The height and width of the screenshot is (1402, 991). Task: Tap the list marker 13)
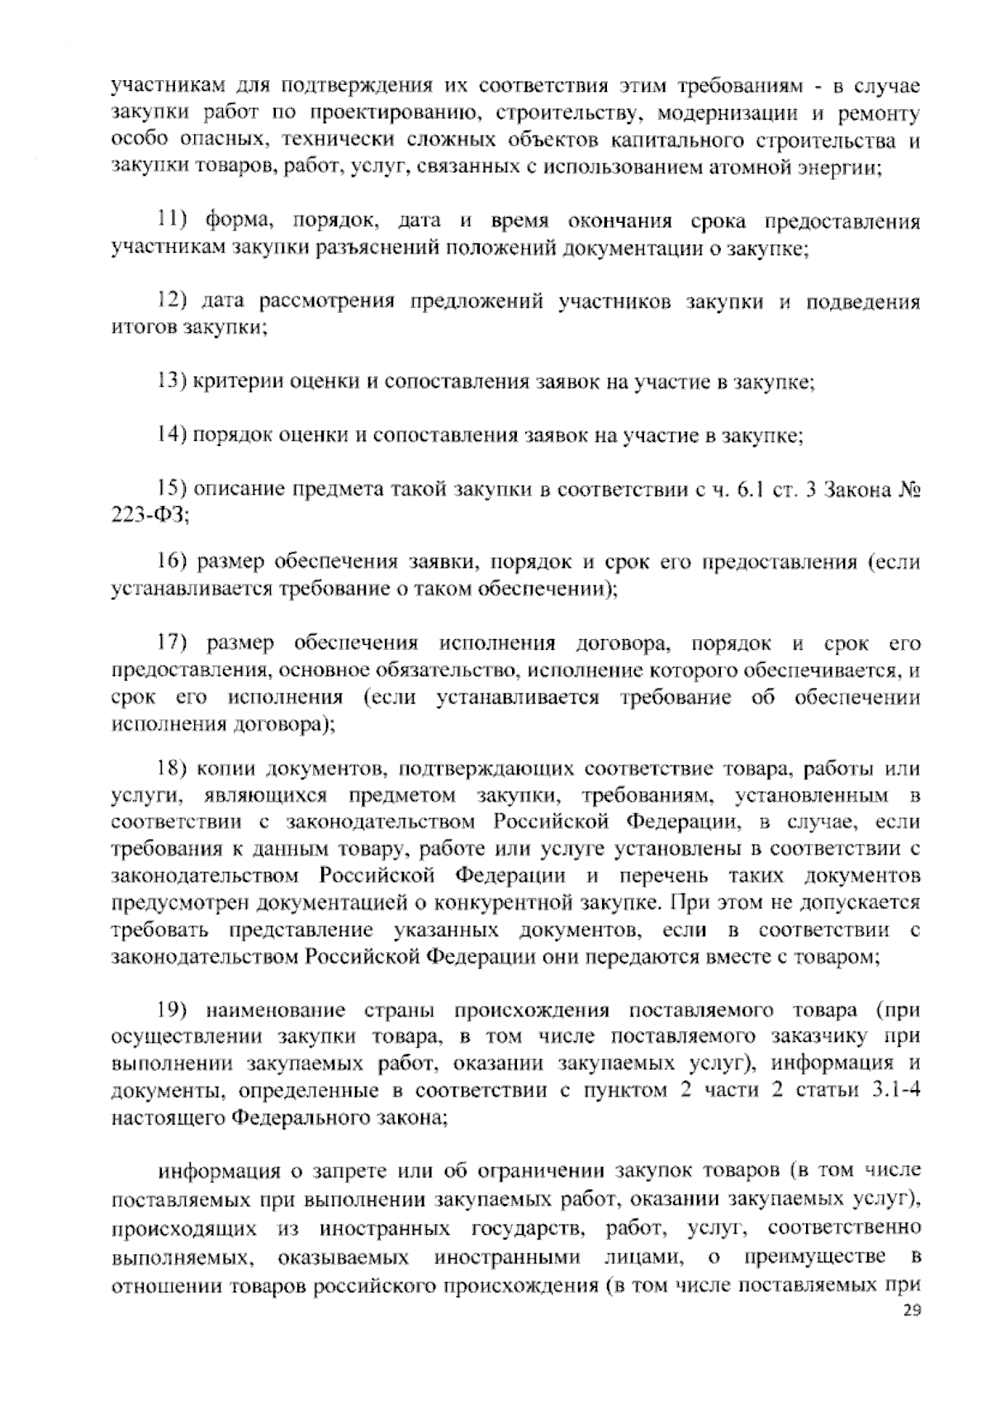point(173,381)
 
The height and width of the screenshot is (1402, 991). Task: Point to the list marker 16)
point(173,563)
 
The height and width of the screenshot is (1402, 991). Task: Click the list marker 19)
point(173,1011)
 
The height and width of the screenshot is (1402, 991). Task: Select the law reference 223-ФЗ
point(149,516)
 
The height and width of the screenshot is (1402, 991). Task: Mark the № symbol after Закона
point(907,490)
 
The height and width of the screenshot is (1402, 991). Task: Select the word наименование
point(275,1011)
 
